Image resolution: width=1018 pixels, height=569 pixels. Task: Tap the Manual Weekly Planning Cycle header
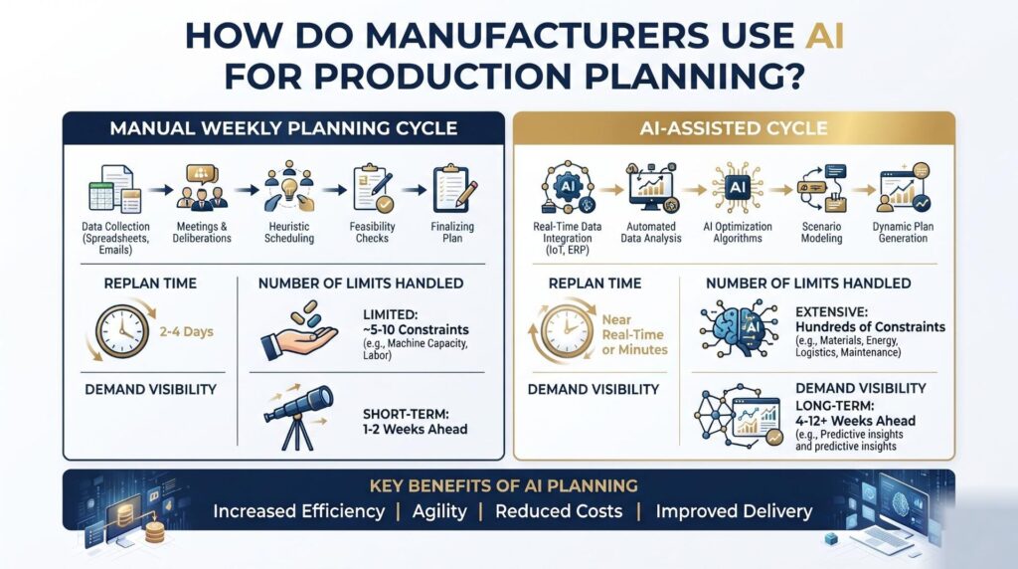pos(283,128)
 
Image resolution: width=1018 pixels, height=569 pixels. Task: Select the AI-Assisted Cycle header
pos(734,128)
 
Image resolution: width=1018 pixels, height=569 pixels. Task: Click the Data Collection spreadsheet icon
pos(115,189)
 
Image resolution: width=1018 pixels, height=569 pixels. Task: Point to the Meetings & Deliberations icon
pos(201,187)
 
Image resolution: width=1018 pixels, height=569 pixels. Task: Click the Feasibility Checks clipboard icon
pos(373,188)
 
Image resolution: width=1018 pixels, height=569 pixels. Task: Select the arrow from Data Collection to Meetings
pos(160,190)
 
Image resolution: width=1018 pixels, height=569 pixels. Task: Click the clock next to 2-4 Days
pos(121,330)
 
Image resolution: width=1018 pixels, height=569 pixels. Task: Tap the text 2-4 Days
pos(186,331)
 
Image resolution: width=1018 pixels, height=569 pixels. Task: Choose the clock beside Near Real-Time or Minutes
pos(566,331)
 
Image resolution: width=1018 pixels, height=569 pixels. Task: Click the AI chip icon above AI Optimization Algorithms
pos(738,188)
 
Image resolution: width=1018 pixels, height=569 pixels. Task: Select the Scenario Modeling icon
pos(821,188)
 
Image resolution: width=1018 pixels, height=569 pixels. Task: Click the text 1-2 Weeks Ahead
pos(415,430)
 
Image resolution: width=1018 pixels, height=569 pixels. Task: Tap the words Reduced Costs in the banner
pos(559,511)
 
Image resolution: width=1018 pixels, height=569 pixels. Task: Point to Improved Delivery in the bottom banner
pos(734,512)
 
